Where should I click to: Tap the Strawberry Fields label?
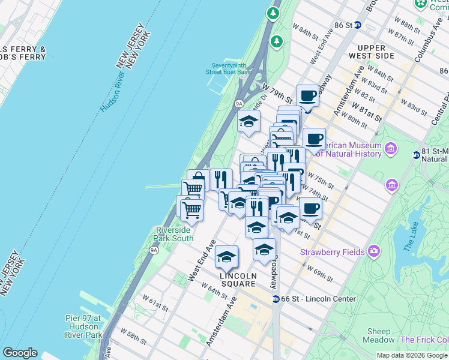332,252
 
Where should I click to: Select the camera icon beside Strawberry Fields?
375,250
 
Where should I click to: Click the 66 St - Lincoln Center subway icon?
276,299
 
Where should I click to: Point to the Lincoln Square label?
238,276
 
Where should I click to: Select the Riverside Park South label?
175,234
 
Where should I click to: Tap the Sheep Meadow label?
379,331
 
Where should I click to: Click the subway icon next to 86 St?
358,25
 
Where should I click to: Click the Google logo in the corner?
20,353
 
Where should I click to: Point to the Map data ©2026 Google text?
411,355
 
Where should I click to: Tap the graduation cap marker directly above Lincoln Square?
227,256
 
